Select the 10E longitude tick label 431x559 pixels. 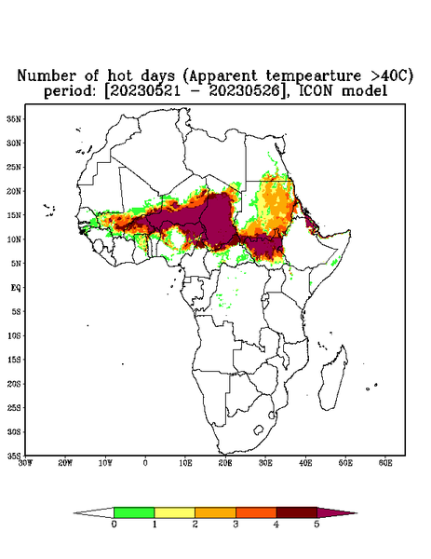[x=185, y=463]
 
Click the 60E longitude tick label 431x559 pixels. [x=385, y=463]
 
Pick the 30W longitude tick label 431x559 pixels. [x=25, y=463]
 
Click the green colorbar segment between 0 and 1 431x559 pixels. [x=134, y=512]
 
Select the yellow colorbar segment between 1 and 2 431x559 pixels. [x=174, y=512]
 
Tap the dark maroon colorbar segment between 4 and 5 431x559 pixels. [x=297, y=512]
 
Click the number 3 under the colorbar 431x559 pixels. [x=236, y=524]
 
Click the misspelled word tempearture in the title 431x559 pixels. [x=314, y=76]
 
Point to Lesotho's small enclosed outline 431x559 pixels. [x=258, y=429]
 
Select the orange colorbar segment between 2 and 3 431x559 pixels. [x=215, y=512]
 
